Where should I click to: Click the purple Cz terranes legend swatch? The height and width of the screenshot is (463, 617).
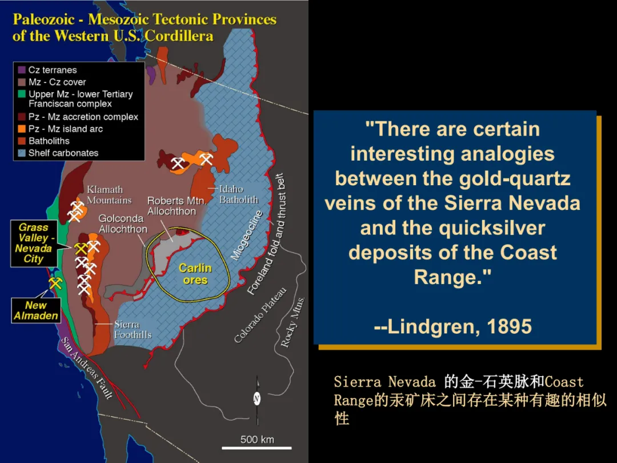point(22,70)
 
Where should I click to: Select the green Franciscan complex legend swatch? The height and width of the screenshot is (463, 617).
point(22,94)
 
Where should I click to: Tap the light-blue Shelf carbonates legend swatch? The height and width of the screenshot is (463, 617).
point(22,153)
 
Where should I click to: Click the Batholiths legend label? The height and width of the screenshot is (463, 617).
point(49,141)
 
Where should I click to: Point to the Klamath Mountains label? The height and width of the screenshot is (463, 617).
point(109,195)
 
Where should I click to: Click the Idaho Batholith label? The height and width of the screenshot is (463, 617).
point(238,194)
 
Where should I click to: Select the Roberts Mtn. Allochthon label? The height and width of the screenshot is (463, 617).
point(177,206)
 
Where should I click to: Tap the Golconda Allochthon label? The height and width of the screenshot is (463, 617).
point(123,223)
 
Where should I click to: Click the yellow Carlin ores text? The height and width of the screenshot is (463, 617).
point(195,274)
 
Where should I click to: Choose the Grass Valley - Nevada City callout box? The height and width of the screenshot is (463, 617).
point(34,244)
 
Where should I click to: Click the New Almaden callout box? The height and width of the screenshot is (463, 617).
point(36,310)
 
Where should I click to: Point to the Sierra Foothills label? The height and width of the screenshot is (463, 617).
point(133,330)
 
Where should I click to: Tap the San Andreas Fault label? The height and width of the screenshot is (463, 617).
point(87,368)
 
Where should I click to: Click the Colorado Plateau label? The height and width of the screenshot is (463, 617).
point(260,316)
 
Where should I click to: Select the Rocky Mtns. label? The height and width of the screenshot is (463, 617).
point(293,322)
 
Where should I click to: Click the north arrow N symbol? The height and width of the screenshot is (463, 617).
point(257,399)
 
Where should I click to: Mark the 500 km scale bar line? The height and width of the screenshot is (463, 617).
point(257,448)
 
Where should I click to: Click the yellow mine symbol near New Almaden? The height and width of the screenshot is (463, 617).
point(55,283)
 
